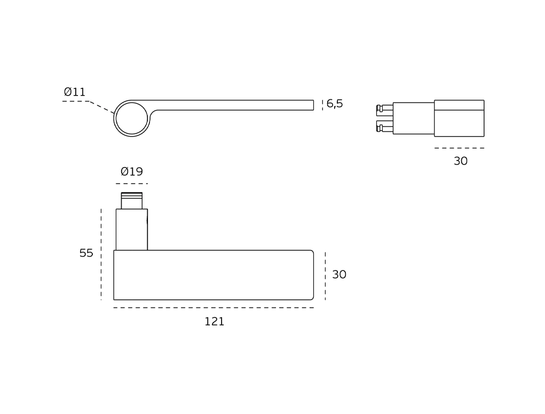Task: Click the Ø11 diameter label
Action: point(74,92)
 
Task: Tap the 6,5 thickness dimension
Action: point(334,103)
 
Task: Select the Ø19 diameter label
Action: point(132,171)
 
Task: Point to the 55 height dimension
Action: point(86,253)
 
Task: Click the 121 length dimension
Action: point(214,322)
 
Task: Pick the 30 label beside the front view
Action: point(339,274)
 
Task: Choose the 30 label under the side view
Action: point(461,161)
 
